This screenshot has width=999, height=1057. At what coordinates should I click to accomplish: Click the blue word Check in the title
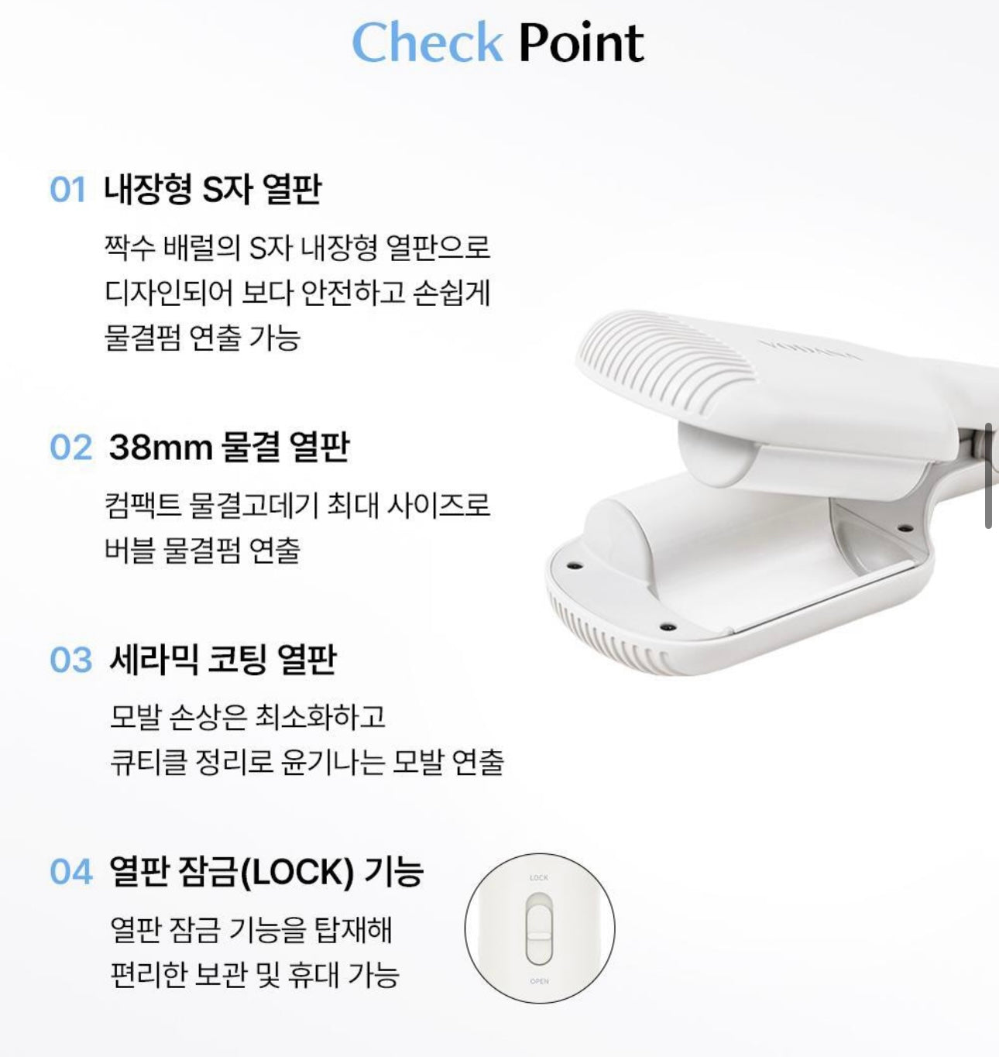coord(427,42)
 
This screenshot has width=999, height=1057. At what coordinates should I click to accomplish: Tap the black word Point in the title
coord(582,42)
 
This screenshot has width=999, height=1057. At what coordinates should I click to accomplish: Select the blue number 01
coord(67,190)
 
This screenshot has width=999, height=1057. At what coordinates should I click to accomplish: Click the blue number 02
coord(70,447)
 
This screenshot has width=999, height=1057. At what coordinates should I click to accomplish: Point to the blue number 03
coord(70,660)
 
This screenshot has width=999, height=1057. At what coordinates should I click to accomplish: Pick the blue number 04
coord(70,873)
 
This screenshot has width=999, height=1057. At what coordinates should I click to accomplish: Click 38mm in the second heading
coord(160,447)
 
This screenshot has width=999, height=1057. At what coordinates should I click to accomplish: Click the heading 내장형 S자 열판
coord(212,190)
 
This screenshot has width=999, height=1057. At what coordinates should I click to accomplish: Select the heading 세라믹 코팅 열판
coord(222,660)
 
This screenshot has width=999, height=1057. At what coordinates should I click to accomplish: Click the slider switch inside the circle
coord(539,930)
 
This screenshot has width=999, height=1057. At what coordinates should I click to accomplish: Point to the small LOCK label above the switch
coord(539,877)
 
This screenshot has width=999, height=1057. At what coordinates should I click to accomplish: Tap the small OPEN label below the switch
coord(540,981)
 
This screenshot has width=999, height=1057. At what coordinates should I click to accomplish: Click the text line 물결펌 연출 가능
coord(202,338)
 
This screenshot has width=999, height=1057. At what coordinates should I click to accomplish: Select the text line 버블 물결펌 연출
coord(202,551)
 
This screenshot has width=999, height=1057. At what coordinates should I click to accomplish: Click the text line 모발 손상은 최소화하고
coord(248,716)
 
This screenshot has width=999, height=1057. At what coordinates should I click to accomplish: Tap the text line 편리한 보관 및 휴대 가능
coord(255,974)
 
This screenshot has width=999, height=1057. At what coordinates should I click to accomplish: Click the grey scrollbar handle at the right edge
coord(988,475)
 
